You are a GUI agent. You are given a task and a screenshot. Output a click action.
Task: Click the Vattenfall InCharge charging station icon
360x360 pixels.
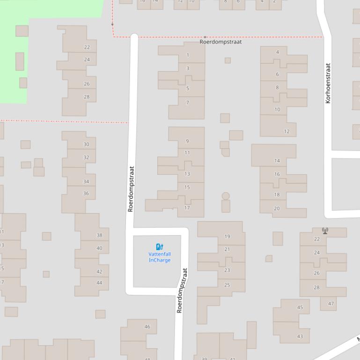[x=160, y=246]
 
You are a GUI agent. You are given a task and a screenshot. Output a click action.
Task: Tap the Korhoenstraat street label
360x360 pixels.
[x=328, y=83]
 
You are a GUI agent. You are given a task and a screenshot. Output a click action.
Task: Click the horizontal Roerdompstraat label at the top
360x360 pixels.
[x=220, y=42]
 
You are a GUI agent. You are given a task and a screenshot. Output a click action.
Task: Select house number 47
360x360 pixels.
[x=331, y=303]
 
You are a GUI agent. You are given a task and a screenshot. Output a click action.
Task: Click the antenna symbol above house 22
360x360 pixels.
[x=325, y=230]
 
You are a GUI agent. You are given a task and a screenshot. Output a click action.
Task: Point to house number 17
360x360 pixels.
[x=187, y=208]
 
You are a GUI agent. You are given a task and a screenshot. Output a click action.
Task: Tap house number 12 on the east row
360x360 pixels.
[x=287, y=131]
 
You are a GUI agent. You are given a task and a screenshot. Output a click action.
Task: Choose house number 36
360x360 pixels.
[x=86, y=193]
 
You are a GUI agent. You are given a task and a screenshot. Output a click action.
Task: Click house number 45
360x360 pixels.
[x=300, y=307]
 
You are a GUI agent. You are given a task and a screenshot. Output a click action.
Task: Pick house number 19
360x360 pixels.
[x=227, y=237]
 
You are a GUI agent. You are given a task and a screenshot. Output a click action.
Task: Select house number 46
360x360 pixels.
[x=147, y=326]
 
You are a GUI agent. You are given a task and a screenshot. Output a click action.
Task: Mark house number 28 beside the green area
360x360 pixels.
[x=87, y=97]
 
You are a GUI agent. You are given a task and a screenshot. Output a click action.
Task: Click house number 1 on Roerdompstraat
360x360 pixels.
[x=188, y=55]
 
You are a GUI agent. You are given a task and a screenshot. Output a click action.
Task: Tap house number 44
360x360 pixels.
[x=99, y=282]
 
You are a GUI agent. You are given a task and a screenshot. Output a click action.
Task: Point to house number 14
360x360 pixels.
[x=277, y=160]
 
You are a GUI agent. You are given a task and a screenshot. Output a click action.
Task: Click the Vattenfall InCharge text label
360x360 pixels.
[x=160, y=257]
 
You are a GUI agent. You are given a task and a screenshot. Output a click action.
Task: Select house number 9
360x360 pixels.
[x=187, y=141]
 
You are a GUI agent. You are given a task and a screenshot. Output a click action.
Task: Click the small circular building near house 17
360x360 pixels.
[x=226, y=196]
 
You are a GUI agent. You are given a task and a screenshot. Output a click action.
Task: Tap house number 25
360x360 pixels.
[x=227, y=285]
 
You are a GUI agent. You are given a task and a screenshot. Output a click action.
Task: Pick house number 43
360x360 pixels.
[x=300, y=336]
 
